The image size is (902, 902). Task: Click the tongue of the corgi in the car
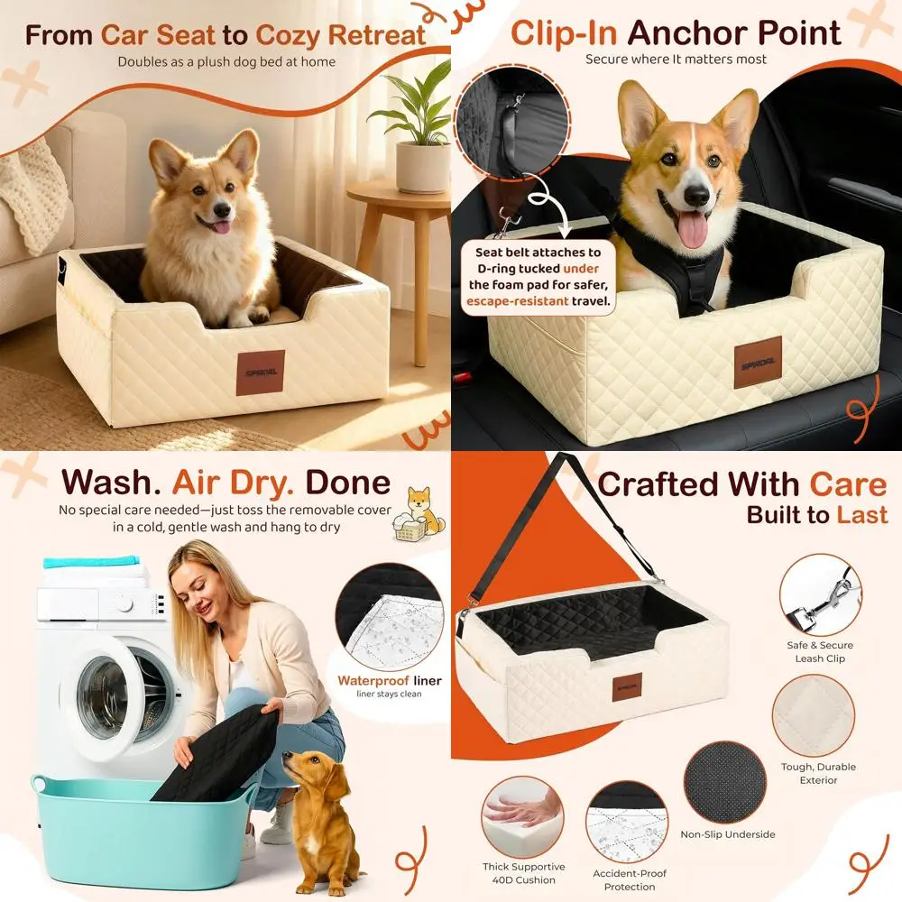[693, 230]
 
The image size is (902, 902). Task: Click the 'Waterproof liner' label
[390, 681]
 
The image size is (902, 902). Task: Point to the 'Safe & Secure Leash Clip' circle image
[820, 595]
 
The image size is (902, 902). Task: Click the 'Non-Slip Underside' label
[727, 834]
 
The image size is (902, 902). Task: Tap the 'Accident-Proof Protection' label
[630, 880]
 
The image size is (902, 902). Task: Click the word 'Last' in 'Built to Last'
[862, 515]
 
